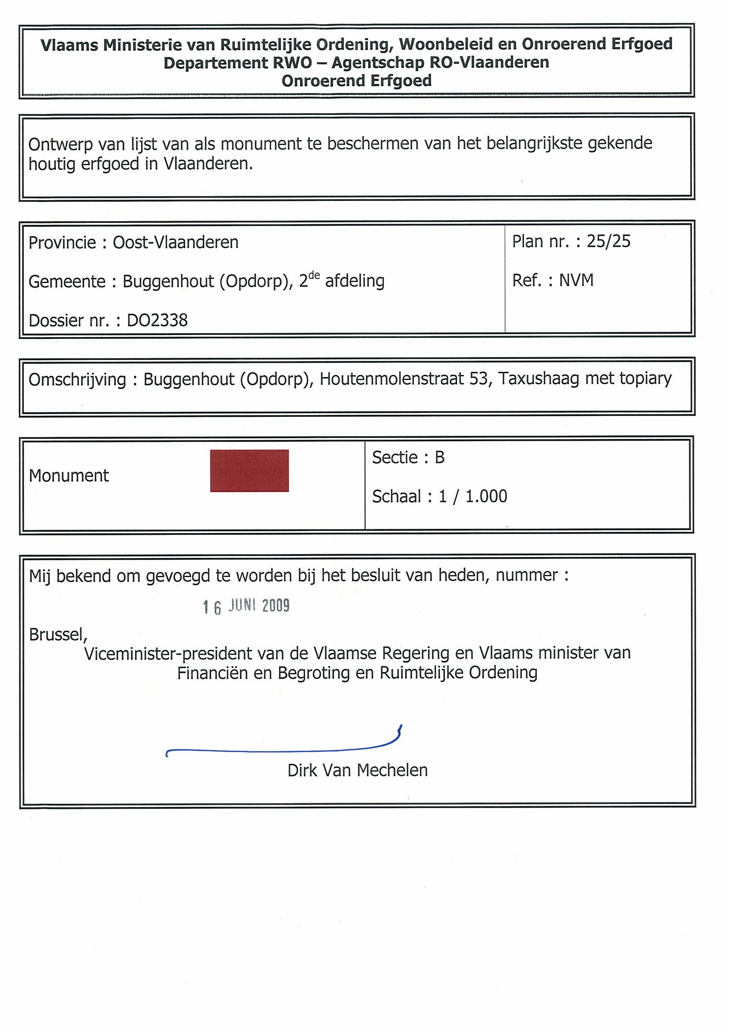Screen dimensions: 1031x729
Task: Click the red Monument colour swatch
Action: tap(249, 471)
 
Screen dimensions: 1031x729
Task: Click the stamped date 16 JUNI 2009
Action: tap(246, 606)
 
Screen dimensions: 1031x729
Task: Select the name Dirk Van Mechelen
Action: tap(357, 771)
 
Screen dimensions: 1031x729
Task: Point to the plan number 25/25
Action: tap(609, 241)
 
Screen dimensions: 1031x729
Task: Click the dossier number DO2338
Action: tap(157, 321)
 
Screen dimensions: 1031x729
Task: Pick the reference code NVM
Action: tap(577, 280)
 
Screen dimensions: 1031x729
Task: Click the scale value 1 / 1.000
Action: tap(473, 496)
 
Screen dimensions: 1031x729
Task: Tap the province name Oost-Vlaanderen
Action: tap(175, 242)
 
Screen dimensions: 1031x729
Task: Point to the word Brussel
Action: tap(57, 634)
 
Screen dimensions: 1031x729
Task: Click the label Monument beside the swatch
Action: tap(69, 475)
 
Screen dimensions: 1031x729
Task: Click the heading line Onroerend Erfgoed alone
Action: tap(357, 81)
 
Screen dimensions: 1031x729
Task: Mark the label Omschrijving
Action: tap(77, 379)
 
